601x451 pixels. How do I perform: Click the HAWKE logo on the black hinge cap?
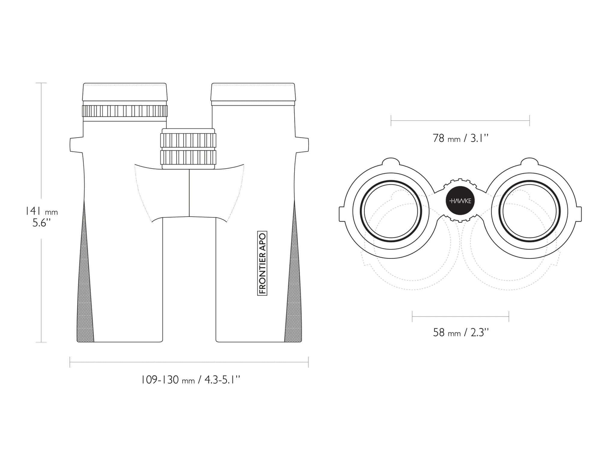click(460, 201)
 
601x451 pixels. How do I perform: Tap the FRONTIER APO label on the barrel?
click(262, 263)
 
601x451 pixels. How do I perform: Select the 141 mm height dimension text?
click(41, 211)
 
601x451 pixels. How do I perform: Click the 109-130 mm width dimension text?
click(191, 380)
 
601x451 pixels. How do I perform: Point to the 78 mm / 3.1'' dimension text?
click(460, 138)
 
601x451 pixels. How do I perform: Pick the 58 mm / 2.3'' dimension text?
click(461, 332)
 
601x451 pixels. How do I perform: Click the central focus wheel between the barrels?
click(188, 149)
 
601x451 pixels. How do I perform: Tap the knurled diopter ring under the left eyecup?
click(125, 111)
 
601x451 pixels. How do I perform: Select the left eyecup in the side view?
click(125, 92)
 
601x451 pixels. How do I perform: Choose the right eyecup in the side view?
click(253, 92)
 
